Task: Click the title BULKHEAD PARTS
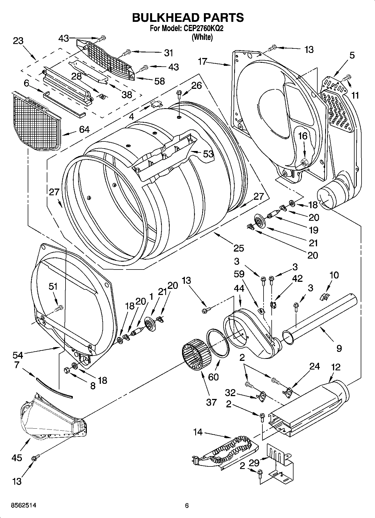(x=188, y=18)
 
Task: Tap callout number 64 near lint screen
(x=84, y=129)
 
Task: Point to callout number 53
(x=208, y=154)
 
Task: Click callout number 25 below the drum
(x=239, y=248)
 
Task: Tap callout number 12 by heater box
(x=336, y=367)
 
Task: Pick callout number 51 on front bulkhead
(x=53, y=286)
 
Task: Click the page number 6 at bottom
(x=187, y=505)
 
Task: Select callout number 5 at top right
(x=352, y=55)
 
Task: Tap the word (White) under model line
(x=202, y=37)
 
